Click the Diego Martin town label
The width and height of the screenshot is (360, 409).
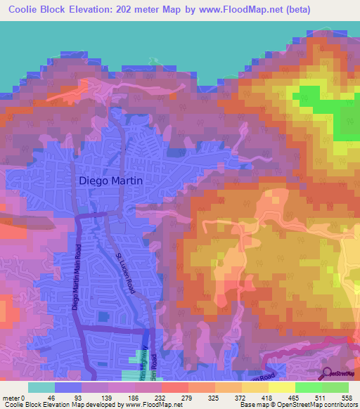point(110,180)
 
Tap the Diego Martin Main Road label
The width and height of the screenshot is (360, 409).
point(76,277)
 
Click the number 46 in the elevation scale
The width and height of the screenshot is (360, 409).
point(53,398)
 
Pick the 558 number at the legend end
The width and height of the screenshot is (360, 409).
point(354,398)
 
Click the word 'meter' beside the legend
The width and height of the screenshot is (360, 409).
point(12,398)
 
